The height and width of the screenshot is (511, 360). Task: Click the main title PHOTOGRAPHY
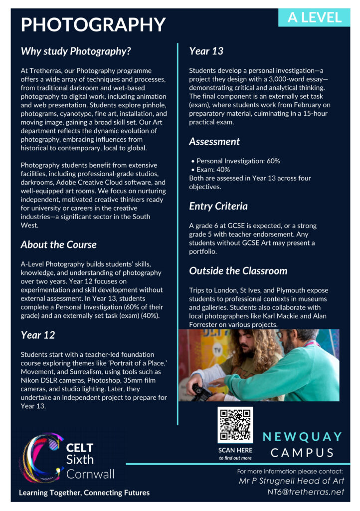(93, 24)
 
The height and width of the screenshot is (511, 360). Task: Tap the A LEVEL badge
(314, 17)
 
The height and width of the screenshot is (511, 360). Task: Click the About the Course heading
(58, 245)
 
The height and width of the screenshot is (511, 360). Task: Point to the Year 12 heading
(38, 334)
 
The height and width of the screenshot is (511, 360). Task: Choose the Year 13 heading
(206, 50)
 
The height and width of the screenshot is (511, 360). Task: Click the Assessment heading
(214, 141)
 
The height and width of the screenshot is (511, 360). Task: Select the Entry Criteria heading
(218, 206)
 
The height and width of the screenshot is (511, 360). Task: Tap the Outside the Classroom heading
(238, 270)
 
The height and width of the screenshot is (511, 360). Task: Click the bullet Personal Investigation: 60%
(238, 161)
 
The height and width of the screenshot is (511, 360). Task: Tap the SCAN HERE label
(235, 450)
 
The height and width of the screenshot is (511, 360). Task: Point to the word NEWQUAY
(303, 437)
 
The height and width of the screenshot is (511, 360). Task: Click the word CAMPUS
(303, 453)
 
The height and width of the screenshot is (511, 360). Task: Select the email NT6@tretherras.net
(306, 492)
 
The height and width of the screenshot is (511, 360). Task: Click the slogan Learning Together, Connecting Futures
(84, 493)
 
